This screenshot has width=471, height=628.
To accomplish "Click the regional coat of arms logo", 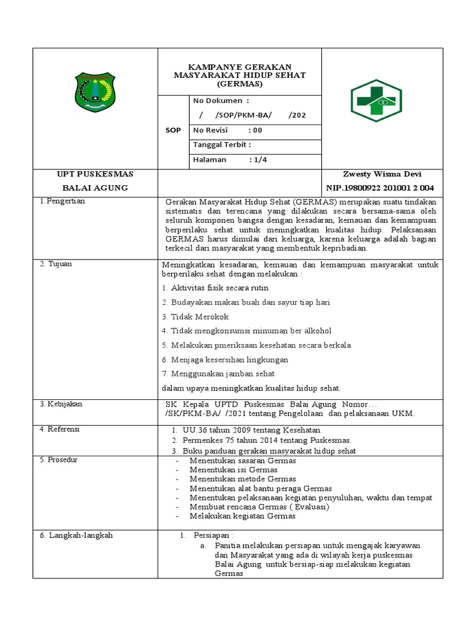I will [94, 93].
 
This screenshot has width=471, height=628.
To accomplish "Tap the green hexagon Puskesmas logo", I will [376, 101].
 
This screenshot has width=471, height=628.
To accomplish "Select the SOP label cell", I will [173, 130].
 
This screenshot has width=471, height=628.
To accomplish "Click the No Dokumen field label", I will [221, 101].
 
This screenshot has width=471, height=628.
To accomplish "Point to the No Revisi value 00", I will [257, 130].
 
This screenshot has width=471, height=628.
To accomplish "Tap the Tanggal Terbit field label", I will [222, 145].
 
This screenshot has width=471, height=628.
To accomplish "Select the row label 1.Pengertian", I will [62, 201].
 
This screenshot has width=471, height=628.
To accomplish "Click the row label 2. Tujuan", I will [56, 264].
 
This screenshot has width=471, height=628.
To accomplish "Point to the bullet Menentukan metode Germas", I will [242, 479].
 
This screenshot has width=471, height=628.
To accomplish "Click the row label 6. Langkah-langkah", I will [77, 535].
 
